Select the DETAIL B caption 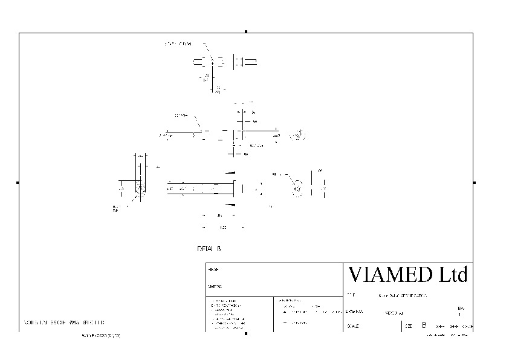(x=210, y=249)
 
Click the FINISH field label (x=212, y=269)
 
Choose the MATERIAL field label (x=215, y=286)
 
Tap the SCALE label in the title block (x=353, y=326)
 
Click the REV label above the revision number (x=461, y=309)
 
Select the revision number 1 (x=461, y=315)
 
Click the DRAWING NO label (x=354, y=312)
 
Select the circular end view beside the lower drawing (x=297, y=189)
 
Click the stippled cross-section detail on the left (x=141, y=189)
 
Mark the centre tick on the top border (x=246, y=31)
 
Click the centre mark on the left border (x=18, y=182)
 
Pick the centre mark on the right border (x=475, y=182)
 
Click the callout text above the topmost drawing (x=178, y=44)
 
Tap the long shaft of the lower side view (x=199, y=189)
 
